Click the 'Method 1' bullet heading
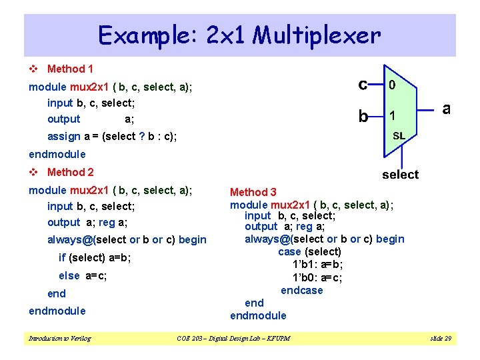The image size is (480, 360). tap(70, 69)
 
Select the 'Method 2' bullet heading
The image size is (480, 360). tap(70, 172)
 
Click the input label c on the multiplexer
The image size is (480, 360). tap(363, 84)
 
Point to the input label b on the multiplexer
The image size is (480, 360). tap(363, 116)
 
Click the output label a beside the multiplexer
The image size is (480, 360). tap(447, 108)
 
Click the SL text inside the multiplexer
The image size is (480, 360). tap(399, 135)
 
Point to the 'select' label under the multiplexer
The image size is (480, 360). tap(400, 175)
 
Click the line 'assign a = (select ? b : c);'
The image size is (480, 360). tap(112, 137)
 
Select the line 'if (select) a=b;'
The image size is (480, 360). tap(95, 257)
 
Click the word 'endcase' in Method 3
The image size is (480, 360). tap(301, 290)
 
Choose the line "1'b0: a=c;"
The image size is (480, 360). tap(317, 277)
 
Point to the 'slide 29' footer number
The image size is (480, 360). tap(441, 339)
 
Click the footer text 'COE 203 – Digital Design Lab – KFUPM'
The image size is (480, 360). tap(233, 339)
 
